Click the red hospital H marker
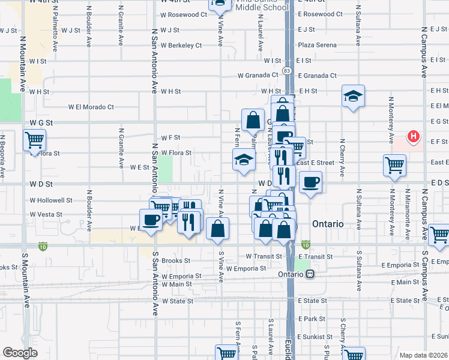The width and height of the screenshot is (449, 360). [x=413, y=137]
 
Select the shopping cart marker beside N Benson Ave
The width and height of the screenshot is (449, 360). [x=34, y=142]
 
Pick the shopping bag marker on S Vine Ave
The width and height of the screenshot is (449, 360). [x=217, y=229]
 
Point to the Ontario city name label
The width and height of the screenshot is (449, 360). [x=328, y=224]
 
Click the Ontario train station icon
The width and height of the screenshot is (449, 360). [x=310, y=274]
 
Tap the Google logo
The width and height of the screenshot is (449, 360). [x=20, y=353]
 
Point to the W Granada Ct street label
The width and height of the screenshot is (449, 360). [x=258, y=76]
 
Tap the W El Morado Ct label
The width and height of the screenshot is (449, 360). [x=91, y=107]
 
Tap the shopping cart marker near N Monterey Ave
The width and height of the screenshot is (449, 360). [x=394, y=166]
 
